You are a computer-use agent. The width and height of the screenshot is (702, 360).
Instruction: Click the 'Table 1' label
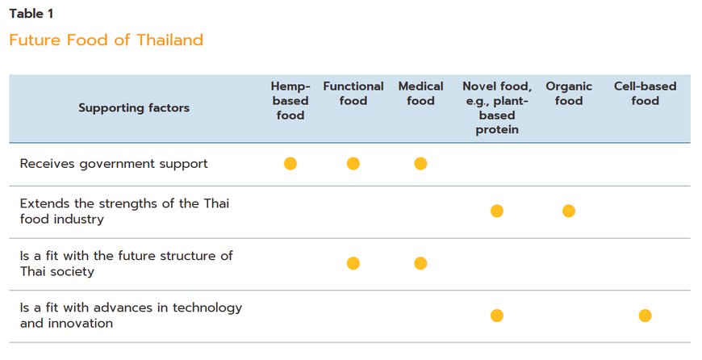(31, 14)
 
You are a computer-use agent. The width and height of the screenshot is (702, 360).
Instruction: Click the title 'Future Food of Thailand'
(106, 40)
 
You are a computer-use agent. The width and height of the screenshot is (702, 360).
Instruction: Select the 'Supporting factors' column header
(134, 108)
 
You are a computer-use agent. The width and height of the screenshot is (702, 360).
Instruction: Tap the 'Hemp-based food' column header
(290, 101)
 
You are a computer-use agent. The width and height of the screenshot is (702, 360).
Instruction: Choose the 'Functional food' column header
(353, 94)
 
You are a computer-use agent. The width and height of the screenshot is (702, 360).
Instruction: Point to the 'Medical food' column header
(420, 94)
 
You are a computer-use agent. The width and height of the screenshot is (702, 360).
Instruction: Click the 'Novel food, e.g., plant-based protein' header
(497, 108)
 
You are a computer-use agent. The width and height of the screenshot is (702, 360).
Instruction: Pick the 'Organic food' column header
(569, 94)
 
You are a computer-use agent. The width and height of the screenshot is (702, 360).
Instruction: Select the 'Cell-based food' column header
(646, 94)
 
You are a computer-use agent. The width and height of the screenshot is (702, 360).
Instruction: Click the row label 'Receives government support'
(114, 164)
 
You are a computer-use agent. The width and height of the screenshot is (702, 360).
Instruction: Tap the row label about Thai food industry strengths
(124, 211)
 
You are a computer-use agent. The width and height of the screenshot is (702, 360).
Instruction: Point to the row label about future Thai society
(126, 264)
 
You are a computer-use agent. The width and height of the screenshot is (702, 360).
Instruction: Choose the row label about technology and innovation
(131, 316)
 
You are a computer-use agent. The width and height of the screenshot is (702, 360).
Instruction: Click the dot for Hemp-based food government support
(290, 164)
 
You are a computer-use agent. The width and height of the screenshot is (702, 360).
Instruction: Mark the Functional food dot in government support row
(353, 164)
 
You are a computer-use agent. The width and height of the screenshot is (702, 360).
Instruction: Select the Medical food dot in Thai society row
(420, 264)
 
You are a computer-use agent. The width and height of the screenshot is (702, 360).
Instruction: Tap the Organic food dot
(569, 211)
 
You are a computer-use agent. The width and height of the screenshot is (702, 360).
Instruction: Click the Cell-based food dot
(646, 316)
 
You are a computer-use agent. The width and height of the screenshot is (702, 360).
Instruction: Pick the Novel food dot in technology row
(497, 316)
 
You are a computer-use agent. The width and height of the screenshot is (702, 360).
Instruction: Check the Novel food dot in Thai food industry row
(497, 211)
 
